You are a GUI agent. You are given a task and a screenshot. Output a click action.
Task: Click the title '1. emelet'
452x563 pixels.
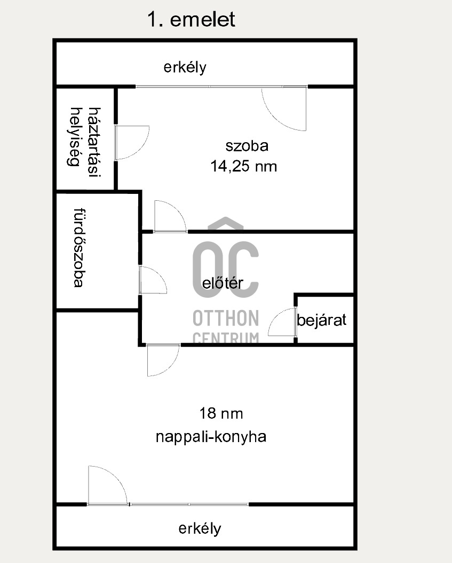(191, 19)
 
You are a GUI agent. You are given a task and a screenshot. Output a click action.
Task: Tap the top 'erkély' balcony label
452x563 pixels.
(185, 68)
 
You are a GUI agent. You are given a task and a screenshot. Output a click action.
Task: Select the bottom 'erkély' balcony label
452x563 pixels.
(200, 529)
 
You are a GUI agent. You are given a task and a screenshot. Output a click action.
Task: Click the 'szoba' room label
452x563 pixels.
(247, 146)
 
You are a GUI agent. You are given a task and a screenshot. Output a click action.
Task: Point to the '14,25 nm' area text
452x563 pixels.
(244, 167)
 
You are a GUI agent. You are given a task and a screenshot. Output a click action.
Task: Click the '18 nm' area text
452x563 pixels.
(221, 414)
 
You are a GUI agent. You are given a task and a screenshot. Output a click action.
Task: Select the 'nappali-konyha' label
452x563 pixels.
(211, 437)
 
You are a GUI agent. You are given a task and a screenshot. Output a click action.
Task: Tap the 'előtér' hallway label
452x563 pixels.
(223, 283)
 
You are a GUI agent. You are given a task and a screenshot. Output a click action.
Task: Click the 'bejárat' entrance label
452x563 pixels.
(322, 320)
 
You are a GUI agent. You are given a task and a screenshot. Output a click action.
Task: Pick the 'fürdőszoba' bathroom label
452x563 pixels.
(79, 248)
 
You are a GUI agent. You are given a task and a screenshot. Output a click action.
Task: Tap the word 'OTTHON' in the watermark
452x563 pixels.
(226, 319)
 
